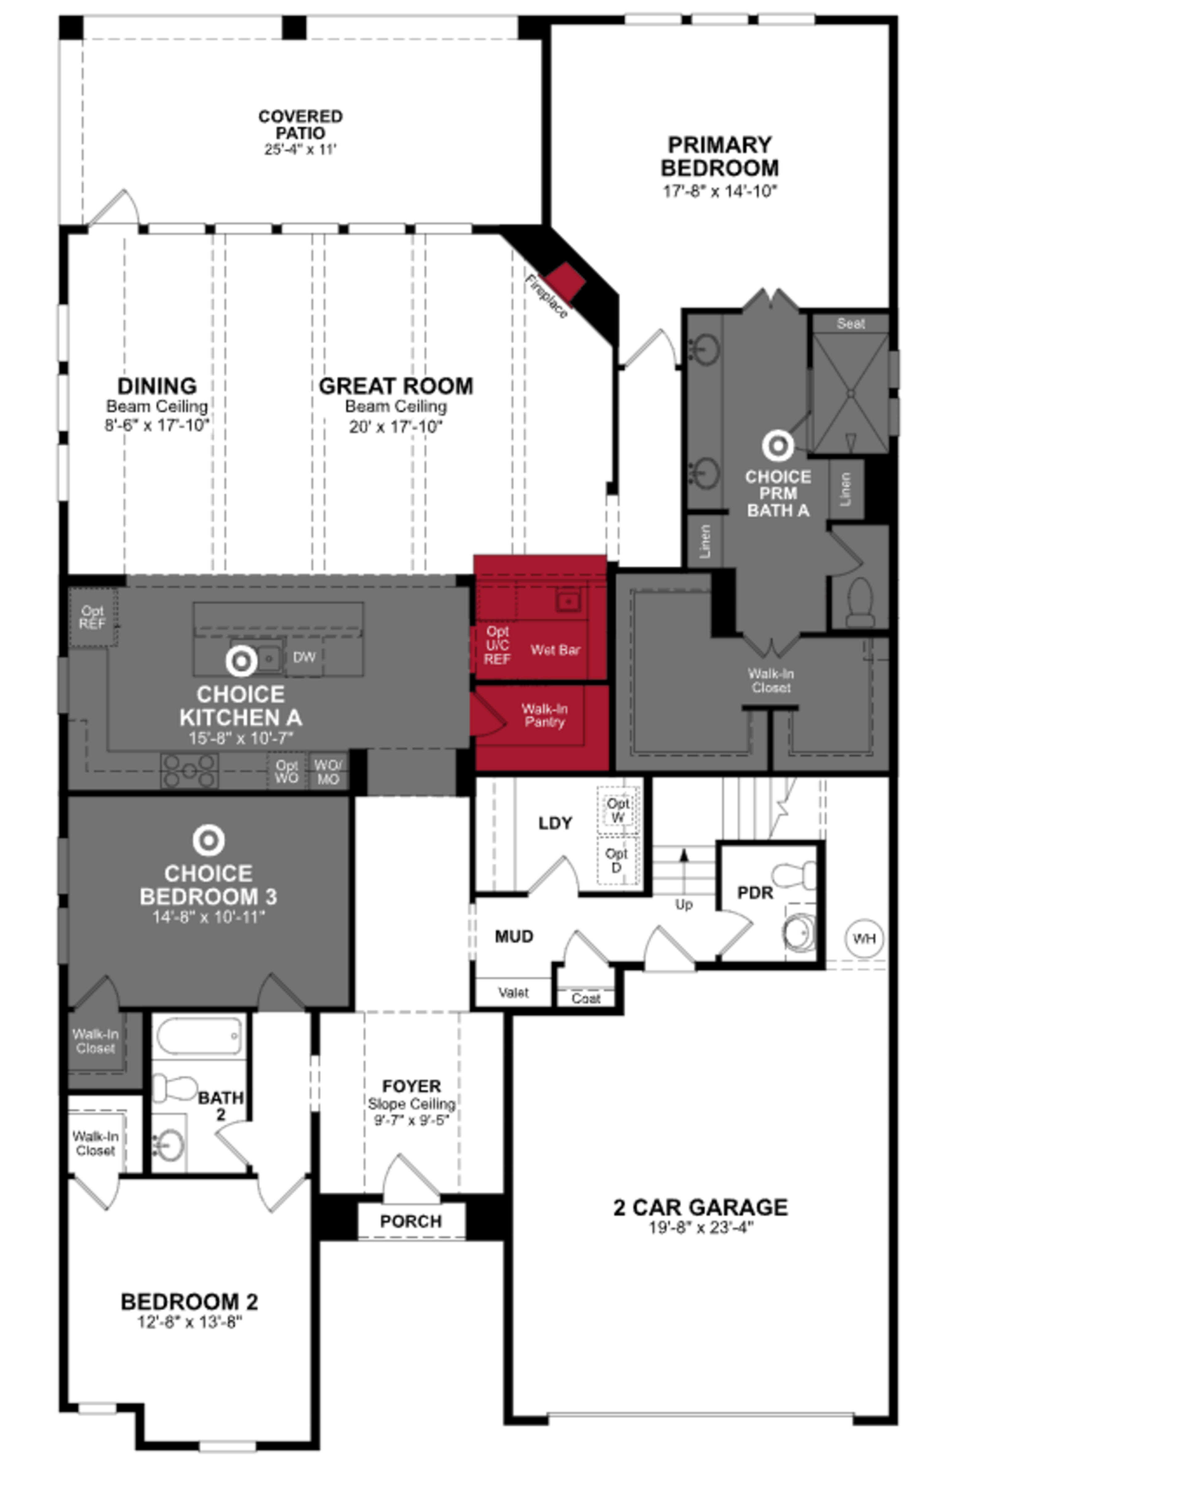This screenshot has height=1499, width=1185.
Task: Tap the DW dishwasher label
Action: [x=304, y=657]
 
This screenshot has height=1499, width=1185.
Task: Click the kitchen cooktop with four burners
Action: [x=189, y=770]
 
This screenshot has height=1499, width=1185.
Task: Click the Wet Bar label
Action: [x=555, y=650]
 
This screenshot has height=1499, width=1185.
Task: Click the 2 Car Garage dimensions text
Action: [x=700, y=1227]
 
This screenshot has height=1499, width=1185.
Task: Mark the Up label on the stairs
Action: [x=684, y=904]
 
